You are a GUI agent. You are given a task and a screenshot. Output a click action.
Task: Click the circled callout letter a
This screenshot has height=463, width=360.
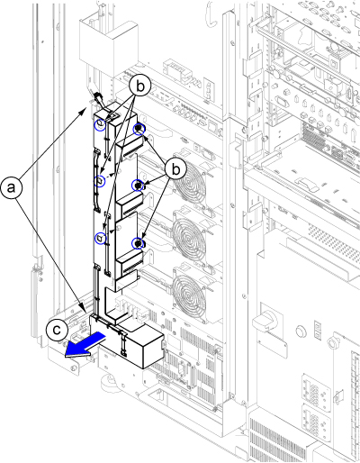[x=12, y=188]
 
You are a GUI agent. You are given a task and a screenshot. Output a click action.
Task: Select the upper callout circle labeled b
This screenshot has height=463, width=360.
[x=140, y=86]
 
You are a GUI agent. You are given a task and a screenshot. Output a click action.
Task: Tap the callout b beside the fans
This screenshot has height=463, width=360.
[x=175, y=169]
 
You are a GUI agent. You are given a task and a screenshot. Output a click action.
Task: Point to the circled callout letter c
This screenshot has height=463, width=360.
[x=57, y=330]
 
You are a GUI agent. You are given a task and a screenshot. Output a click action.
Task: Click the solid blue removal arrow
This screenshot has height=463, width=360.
[x=85, y=346]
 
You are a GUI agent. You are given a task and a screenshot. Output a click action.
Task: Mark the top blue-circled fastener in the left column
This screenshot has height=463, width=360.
[x=100, y=124]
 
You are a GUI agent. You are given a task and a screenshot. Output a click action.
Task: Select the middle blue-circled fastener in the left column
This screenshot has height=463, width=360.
[x=100, y=181]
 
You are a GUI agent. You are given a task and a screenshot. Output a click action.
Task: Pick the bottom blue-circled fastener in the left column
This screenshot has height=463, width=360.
[x=100, y=239]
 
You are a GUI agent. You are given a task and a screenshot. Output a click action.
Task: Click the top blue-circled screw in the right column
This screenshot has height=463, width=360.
[x=139, y=129]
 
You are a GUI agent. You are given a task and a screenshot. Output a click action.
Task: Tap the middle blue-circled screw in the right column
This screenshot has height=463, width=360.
[x=138, y=186]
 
